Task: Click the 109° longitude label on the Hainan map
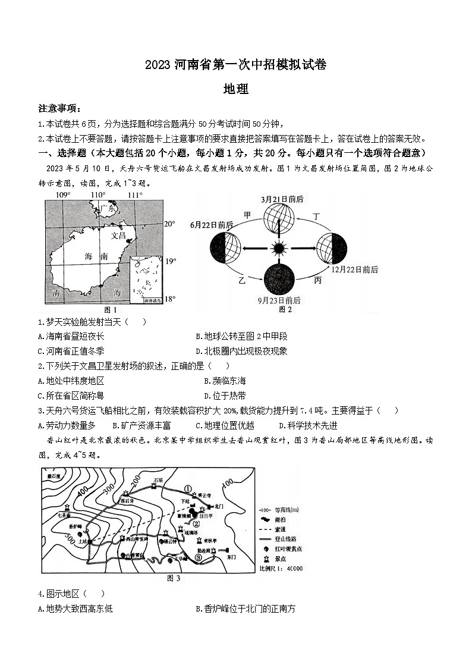pos(63,195)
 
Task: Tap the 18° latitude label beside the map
pos(170,299)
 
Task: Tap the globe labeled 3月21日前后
pos(277,219)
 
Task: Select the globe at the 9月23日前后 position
pos(278,278)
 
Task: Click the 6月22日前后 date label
pos(212,225)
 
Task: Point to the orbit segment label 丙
pos(318,280)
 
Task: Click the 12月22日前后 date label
pos(355,269)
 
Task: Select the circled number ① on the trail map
pos(189,489)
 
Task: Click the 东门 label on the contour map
pos(231,557)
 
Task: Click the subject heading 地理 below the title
pos(235,89)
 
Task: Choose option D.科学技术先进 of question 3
pos(308,425)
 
